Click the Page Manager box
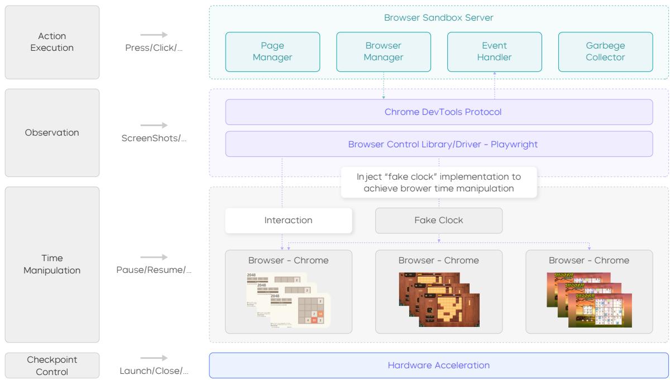(x=272, y=52)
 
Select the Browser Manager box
(x=384, y=52)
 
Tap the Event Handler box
(x=494, y=52)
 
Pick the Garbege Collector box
(x=605, y=52)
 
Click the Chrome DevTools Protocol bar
(x=439, y=112)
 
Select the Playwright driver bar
(x=439, y=144)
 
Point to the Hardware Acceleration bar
(x=439, y=365)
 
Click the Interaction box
(x=289, y=220)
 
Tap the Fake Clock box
(x=439, y=220)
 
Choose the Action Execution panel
(x=52, y=42)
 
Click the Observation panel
(x=52, y=133)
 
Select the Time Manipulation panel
(x=52, y=264)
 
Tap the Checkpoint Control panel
(x=52, y=365)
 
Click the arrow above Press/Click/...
(x=154, y=35)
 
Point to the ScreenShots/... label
(x=154, y=138)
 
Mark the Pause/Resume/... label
(x=154, y=270)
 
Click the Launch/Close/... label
(x=154, y=371)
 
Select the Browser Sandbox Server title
(x=439, y=18)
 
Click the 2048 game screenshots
(x=288, y=300)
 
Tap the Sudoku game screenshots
(x=589, y=300)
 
